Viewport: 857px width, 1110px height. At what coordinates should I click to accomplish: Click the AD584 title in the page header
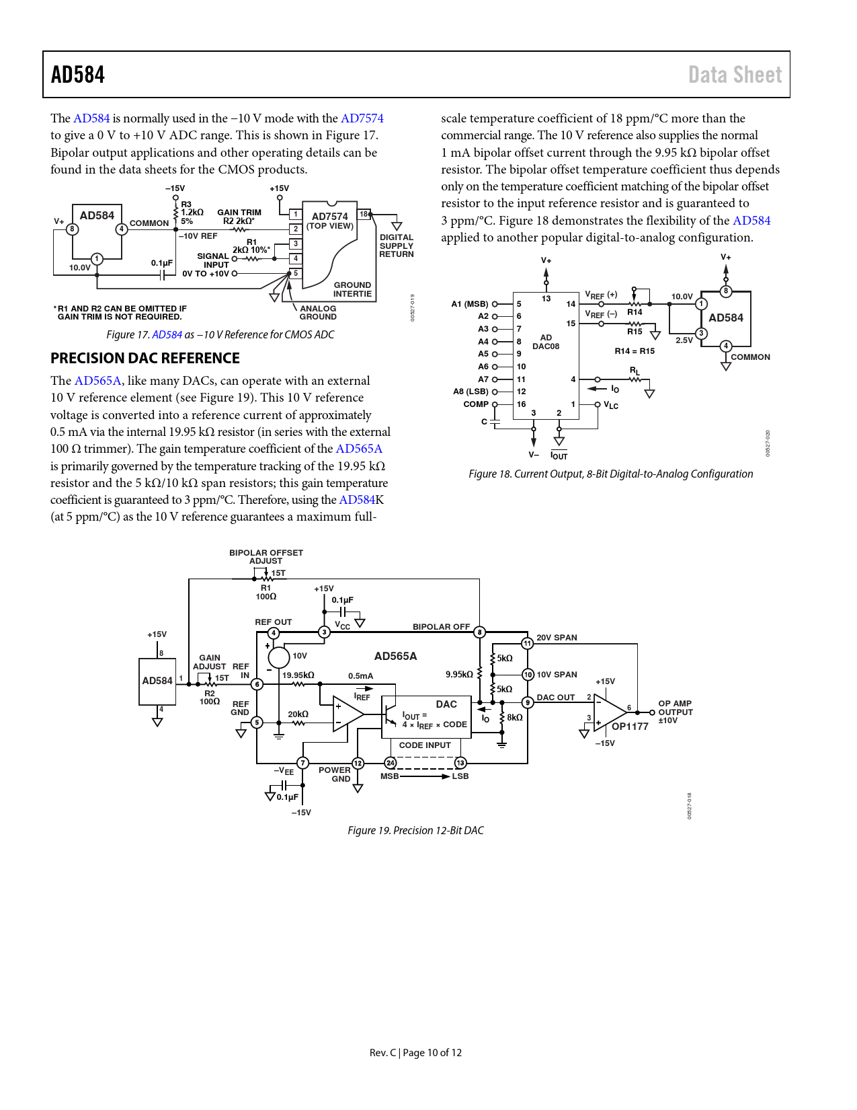pyautogui.click(x=78, y=75)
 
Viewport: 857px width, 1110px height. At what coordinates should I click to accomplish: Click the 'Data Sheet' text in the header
pyautogui.click(x=735, y=75)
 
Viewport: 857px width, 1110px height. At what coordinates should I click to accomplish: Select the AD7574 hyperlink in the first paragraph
pyautogui.click(x=362, y=118)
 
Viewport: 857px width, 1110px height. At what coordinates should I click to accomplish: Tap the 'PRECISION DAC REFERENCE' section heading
pyautogui.click(x=145, y=358)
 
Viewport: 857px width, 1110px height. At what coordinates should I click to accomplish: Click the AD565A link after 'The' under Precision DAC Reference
pyautogui.click(x=97, y=381)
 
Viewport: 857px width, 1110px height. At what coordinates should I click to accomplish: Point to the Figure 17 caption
pyautogui.click(x=220, y=334)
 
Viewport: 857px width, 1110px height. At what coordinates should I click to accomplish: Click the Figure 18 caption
pyautogui.click(x=610, y=474)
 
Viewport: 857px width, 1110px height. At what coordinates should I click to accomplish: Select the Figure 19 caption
pyautogui.click(x=415, y=830)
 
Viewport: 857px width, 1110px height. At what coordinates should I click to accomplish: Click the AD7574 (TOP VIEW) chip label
pyautogui.click(x=330, y=221)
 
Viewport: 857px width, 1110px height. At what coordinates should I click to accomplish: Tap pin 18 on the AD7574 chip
pyautogui.click(x=364, y=215)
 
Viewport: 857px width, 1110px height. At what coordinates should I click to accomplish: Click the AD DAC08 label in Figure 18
pyautogui.click(x=546, y=342)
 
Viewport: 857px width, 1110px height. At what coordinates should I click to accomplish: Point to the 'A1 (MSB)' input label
pyautogui.click(x=470, y=304)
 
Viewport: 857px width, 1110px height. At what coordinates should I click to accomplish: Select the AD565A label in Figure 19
pyautogui.click(x=395, y=656)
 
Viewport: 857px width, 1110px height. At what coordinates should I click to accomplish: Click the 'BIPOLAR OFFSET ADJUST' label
pyautogui.click(x=266, y=556)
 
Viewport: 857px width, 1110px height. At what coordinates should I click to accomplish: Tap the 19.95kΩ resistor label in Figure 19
pyautogui.click(x=298, y=675)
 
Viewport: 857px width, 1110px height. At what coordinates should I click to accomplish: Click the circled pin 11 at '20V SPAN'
pyautogui.click(x=528, y=643)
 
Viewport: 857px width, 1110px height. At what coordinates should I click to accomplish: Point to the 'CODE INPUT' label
pyautogui.click(x=425, y=745)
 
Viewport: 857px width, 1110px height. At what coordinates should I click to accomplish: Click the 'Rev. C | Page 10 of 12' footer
pyautogui.click(x=415, y=1052)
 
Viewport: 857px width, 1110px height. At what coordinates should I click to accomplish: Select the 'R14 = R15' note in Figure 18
pyautogui.click(x=635, y=350)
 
